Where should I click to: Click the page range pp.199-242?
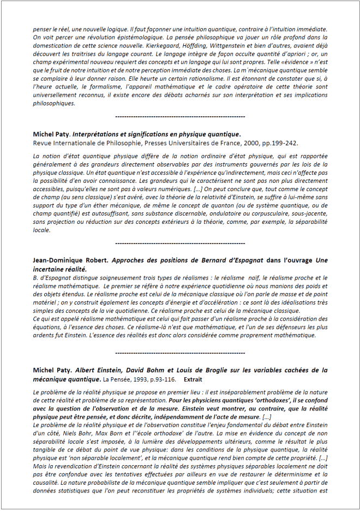280,143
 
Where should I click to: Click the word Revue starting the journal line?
43,143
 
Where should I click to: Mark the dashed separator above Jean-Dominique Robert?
181,242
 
